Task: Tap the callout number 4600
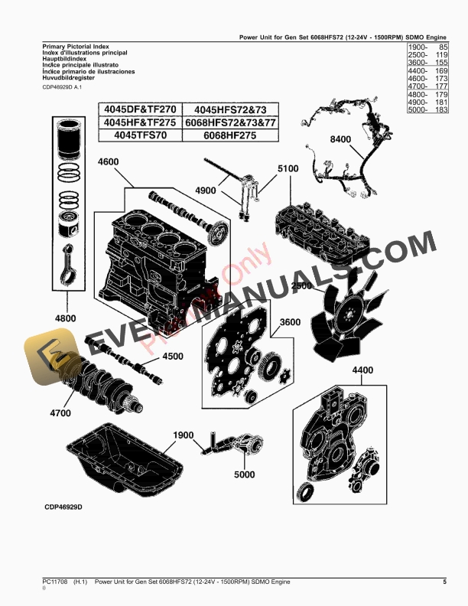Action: coord(108,162)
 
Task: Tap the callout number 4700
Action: coord(60,413)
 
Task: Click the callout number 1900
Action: coord(184,435)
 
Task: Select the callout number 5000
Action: coord(244,474)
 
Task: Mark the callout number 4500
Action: coord(174,356)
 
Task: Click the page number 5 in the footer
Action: coord(444,582)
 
